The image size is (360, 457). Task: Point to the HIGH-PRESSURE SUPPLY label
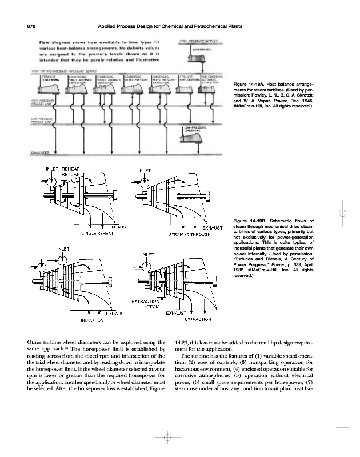click(200, 42)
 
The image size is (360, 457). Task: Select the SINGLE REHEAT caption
click(96, 234)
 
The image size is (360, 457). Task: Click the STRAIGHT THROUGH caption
click(191, 234)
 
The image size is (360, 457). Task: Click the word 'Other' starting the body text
click(35, 342)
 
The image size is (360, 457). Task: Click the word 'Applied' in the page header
click(109, 27)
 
